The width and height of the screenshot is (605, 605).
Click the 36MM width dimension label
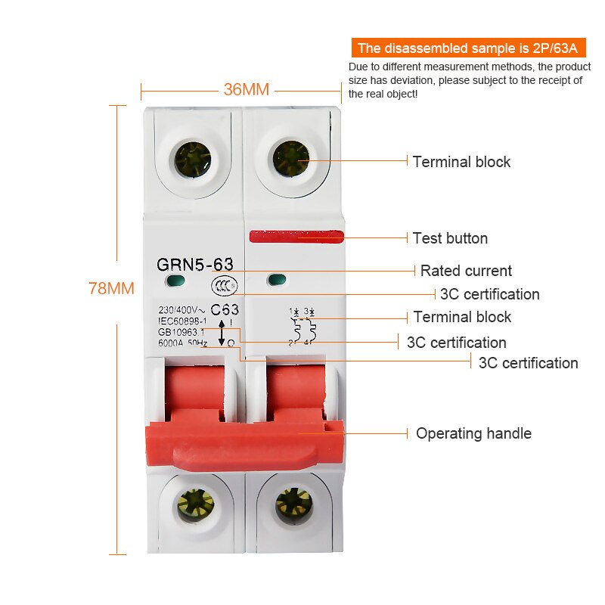coord(246,89)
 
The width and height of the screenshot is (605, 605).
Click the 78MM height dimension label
coord(112,288)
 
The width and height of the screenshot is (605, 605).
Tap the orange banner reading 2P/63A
coord(467,48)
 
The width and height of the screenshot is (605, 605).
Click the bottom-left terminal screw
coord(196,504)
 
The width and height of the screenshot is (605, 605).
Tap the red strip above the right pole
coord(296,235)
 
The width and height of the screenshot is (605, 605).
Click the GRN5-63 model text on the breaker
coord(195,264)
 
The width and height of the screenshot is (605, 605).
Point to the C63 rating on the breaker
coord(225,309)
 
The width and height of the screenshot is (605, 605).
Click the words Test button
coord(450,238)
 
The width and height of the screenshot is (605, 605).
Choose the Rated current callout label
coord(466,271)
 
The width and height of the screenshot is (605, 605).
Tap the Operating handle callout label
coord(473,433)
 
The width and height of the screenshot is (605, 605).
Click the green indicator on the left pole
coord(177,283)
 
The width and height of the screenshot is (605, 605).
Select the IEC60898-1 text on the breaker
coord(182,321)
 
